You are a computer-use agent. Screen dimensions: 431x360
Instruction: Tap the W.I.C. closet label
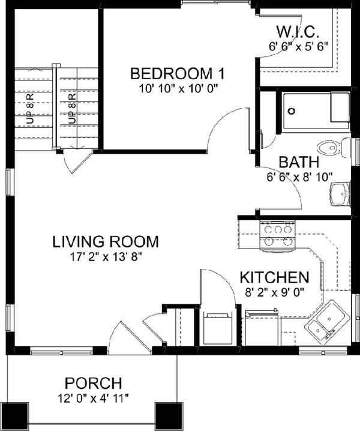[298, 32]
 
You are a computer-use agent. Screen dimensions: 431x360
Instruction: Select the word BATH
[298, 163]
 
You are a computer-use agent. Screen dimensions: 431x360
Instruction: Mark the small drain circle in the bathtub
[292, 112]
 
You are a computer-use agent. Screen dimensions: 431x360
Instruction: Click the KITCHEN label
[274, 277]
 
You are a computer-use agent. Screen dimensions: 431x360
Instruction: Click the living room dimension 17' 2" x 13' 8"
[106, 256]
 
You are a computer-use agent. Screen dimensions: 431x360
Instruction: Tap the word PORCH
[94, 382]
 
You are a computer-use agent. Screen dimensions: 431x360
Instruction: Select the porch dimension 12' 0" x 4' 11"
[94, 397]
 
